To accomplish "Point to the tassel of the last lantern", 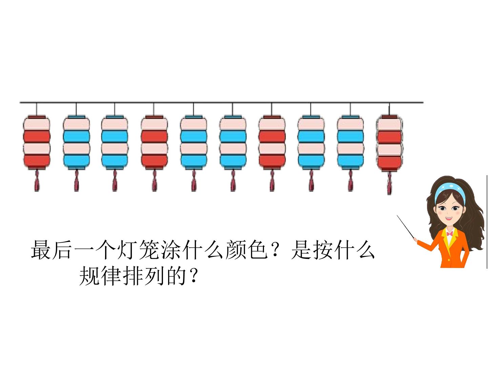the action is coord(389,183).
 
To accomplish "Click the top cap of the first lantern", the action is coord(37,117).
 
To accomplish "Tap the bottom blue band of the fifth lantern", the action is coord(194,160).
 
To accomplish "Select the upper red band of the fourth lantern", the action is coord(154,136).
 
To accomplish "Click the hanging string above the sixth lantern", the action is coord(232,109).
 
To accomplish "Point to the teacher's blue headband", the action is coord(450,191).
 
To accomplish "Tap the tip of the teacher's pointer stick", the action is coord(397,215).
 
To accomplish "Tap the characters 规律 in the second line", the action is coord(101,276).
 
